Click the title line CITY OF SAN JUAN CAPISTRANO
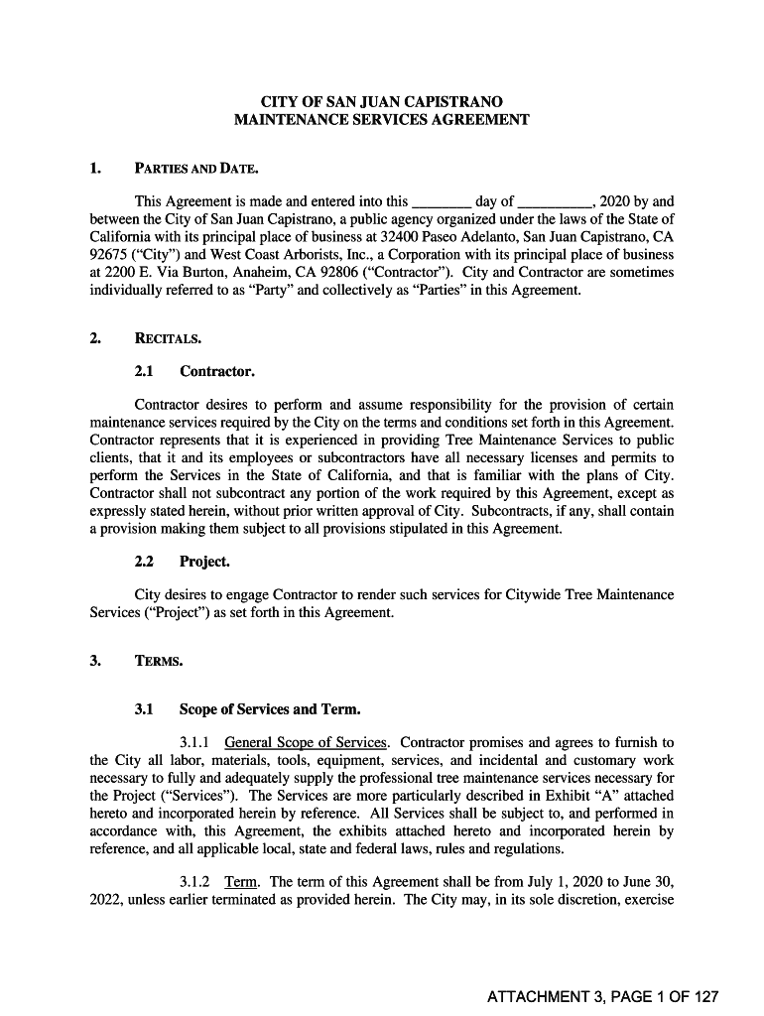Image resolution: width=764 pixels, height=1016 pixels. pyautogui.click(x=381, y=102)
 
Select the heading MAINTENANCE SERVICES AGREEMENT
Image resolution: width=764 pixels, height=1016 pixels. pyautogui.click(x=381, y=120)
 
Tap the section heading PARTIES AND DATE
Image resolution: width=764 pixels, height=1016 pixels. pyautogui.click(x=196, y=168)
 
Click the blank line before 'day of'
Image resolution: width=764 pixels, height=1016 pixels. pyautogui.click(x=441, y=201)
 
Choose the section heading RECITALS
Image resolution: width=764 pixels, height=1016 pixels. pyautogui.click(x=168, y=339)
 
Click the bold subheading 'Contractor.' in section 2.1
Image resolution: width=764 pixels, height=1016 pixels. pyautogui.click(x=217, y=372)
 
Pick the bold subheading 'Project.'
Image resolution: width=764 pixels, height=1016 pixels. pyautogui.click(x=204, y=562)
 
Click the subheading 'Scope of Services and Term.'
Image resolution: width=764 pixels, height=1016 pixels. pyautogui.click(x=269, y=710)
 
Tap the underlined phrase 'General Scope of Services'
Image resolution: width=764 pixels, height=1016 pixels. pyautogui.click(x=307, y=743)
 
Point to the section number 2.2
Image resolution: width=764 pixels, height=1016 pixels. pyautogui.click(x=145, y=562)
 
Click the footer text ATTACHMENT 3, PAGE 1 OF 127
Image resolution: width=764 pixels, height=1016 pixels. pyautogui.click(x=602, y=997)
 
